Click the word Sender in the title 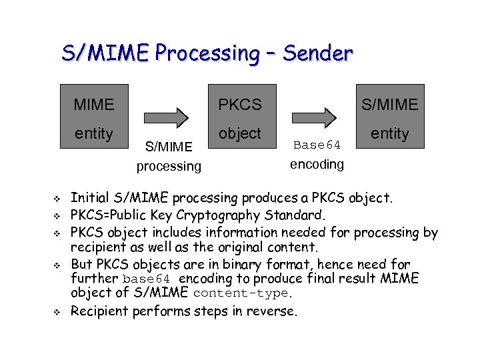(x=317, y=53)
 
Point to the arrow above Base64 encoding (x=317, y=118)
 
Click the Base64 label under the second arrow (x=317, y=145)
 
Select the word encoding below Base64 (x=317, y=164)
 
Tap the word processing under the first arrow (x=169, y=166)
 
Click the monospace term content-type (x=241, y=294)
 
